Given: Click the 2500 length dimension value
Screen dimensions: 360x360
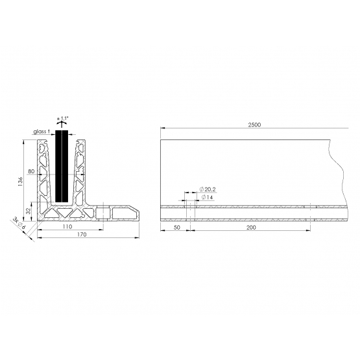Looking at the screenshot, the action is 254,125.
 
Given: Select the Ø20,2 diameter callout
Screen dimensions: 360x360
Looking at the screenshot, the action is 208,189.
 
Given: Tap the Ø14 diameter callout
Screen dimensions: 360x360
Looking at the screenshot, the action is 207,197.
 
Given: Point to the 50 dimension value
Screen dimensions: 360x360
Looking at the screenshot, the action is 177,227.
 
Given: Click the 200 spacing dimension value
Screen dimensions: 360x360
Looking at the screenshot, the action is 251,227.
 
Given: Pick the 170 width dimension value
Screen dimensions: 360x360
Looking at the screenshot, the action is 82,234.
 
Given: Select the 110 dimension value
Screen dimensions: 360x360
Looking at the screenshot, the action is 67,226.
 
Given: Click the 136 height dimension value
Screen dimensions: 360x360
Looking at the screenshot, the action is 20,181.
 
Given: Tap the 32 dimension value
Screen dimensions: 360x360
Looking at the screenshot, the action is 28,211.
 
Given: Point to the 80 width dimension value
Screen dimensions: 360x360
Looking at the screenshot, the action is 31,171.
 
